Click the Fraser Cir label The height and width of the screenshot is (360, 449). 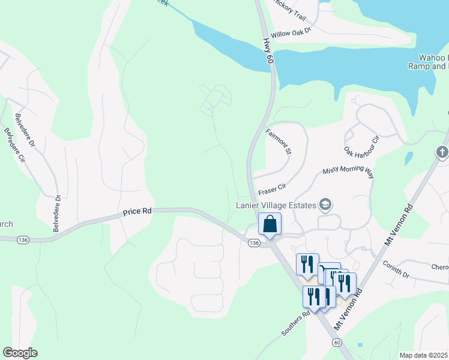(270, 191)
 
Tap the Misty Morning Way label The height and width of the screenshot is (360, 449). (348, 173)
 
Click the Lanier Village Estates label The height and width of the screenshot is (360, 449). (275, 206)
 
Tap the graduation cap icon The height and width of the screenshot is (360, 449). (327, 205)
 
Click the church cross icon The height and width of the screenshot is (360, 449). (442, 152)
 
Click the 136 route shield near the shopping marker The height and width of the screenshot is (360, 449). (253, 242)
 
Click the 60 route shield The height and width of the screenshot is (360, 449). (337, 342)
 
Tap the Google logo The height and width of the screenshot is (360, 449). (20, 353)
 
